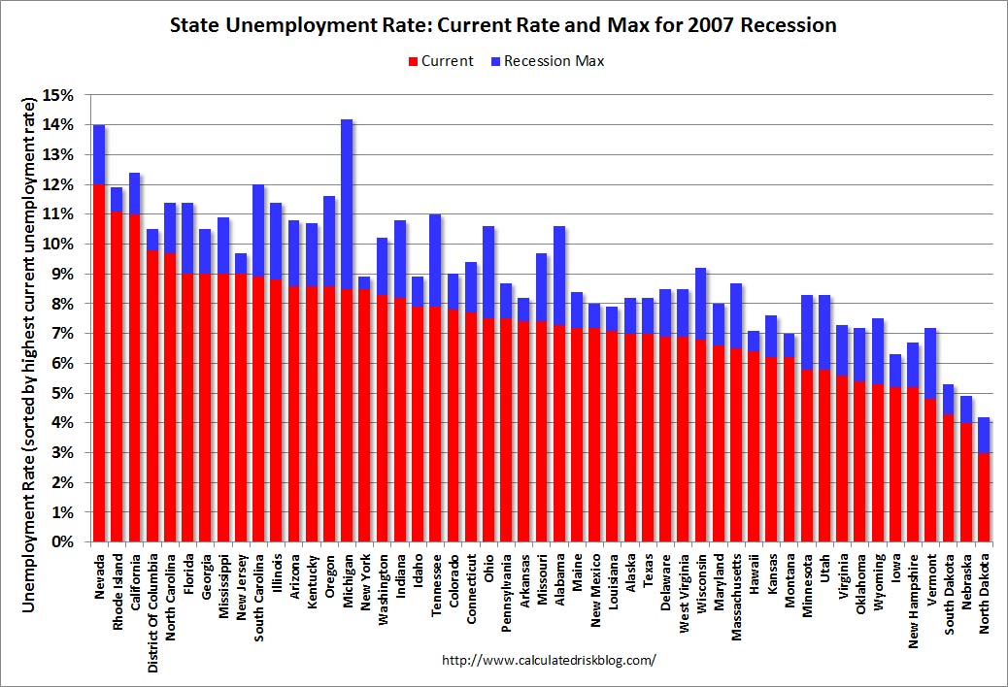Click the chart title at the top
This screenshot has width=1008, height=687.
503,25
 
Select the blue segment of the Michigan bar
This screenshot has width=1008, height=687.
347,204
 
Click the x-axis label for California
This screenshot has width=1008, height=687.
135,580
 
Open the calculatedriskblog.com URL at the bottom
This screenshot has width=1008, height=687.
549,660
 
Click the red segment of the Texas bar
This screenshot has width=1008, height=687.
648,438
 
